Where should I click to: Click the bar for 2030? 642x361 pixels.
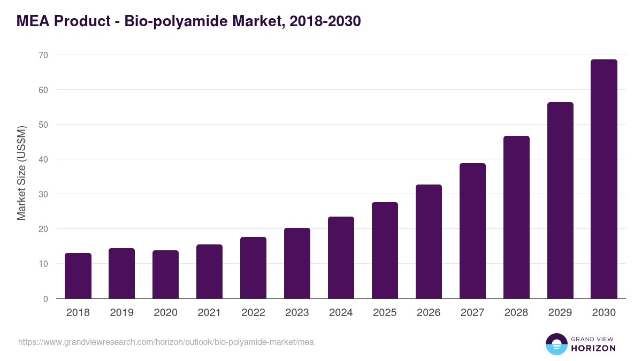click(603, 179)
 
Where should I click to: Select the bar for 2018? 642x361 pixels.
click(78, 276)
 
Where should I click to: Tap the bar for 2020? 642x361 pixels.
click(166, 274)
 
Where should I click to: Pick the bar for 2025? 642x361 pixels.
click(385, 250)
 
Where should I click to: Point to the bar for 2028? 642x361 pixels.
click(516, 217)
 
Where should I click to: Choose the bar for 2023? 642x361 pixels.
click(297, 263)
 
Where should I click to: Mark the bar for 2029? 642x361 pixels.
click(560, 201)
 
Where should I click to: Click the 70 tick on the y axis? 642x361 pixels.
click(43, 55)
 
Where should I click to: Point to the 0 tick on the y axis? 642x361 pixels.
click(45, 299)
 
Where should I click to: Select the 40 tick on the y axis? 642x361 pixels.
click(43, 159)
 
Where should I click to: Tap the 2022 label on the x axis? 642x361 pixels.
click(253, 313)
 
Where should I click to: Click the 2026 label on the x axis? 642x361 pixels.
click(429, 313)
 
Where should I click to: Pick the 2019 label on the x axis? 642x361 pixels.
click(121, 313)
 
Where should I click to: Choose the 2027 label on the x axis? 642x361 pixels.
click(472, 313)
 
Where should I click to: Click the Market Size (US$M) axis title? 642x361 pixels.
click(21, 173)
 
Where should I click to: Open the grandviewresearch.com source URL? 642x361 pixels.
click(166, 342)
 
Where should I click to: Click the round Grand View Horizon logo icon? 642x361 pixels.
click(556, 344)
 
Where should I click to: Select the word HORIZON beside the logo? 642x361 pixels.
click(593, 348)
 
